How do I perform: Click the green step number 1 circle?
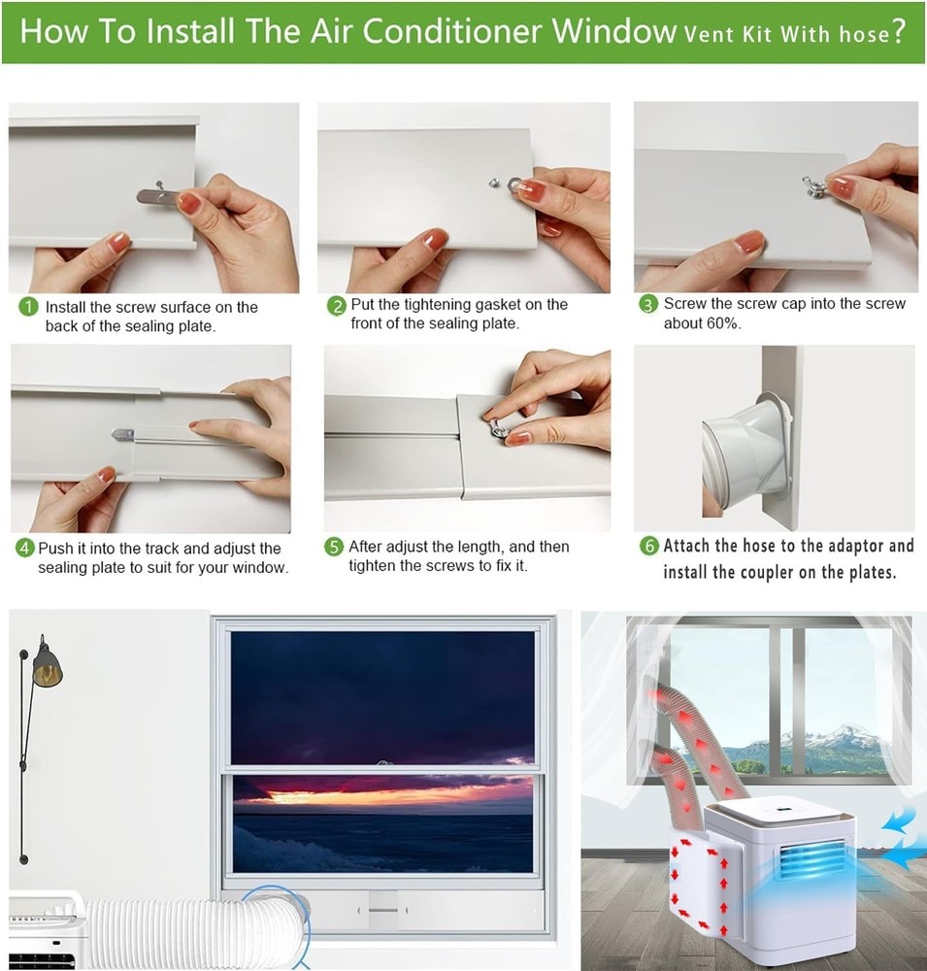point(29,307)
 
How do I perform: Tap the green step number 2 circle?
point(336,306)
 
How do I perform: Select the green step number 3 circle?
point(648,305)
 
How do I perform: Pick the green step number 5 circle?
point(334,547)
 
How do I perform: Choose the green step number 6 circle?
point(648,546)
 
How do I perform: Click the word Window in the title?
point(613,31)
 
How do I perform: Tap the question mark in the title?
point(899,31)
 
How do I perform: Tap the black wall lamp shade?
point(47,668)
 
